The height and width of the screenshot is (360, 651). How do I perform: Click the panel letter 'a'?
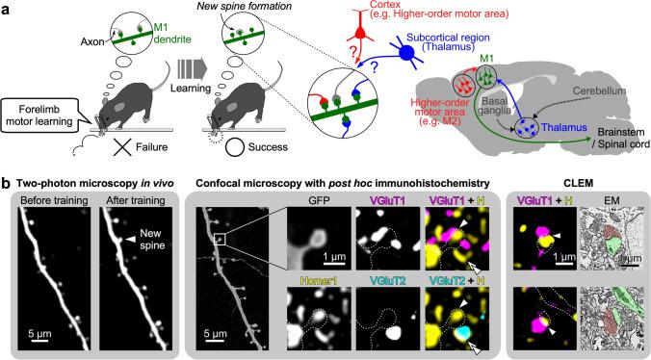tap(7, 8)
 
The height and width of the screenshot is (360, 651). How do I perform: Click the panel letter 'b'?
tap(7, 181)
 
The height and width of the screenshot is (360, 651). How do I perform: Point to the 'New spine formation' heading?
tap(225, 9)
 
